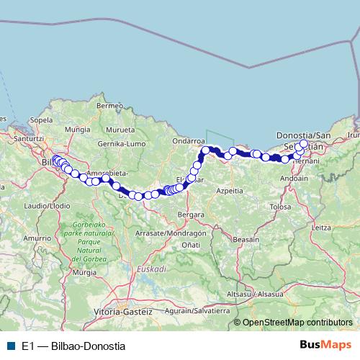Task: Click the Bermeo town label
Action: coord(110,107)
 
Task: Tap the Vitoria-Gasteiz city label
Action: coord(123,312)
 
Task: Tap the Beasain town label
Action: coord(248,238)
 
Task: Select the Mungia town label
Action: coord(77,130)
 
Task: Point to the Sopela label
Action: coord(42,120)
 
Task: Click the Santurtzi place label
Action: coord(30,138)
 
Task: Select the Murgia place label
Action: coord(84,273)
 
